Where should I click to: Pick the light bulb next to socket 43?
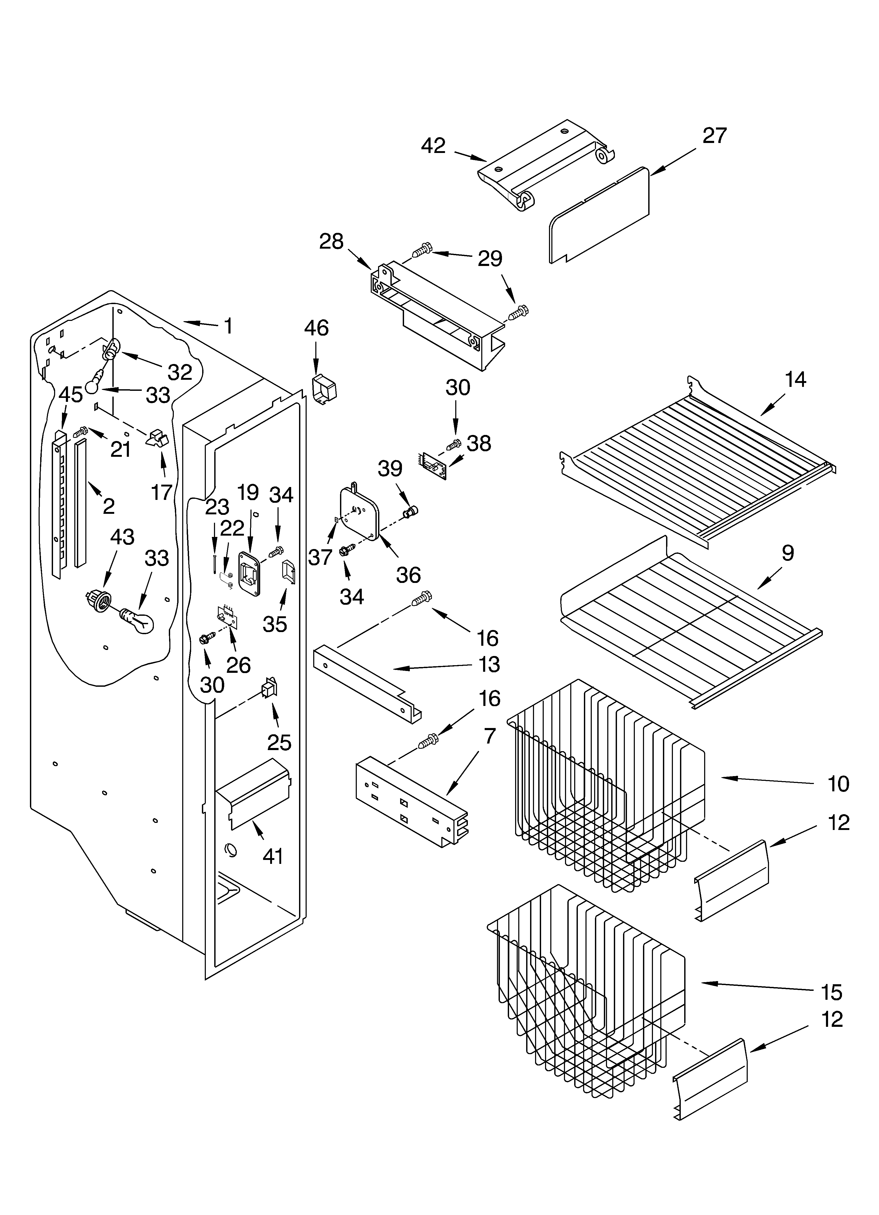click(138, 621)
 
